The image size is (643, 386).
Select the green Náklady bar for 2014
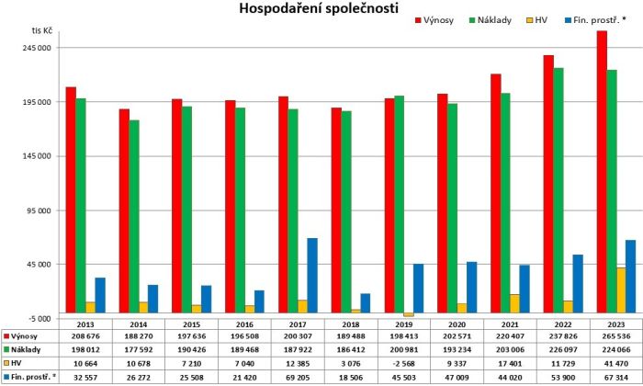point(134,216)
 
